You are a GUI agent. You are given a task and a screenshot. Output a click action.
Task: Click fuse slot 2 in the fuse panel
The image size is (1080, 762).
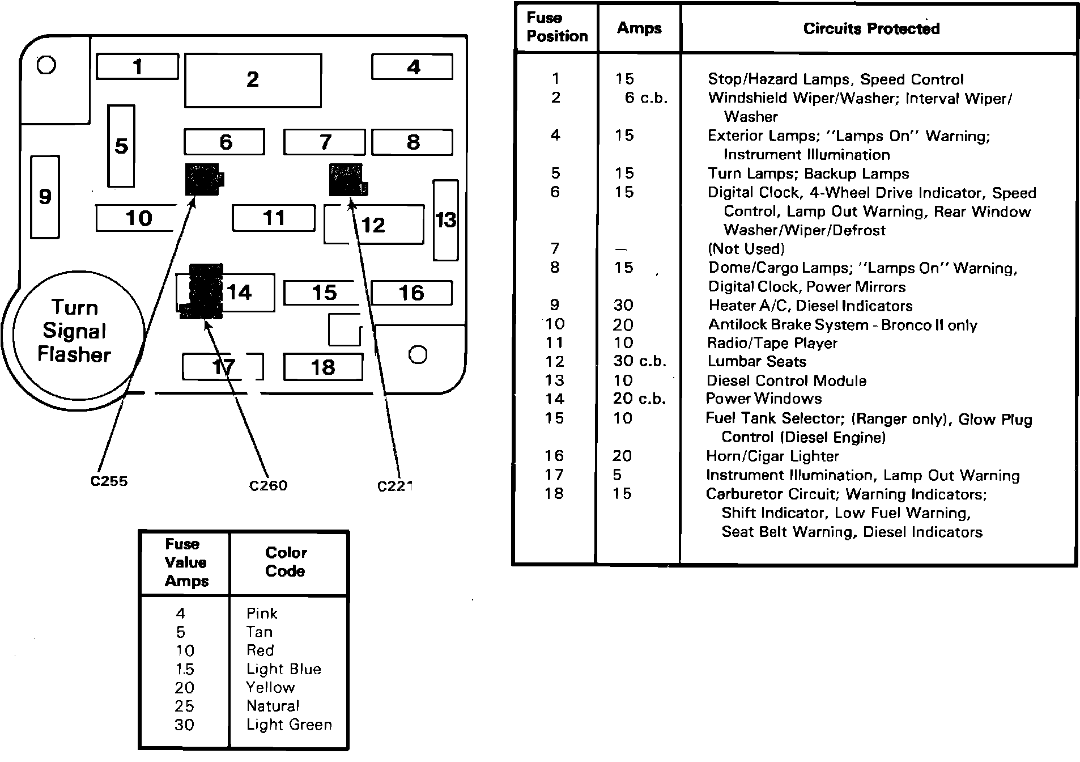point(253,80)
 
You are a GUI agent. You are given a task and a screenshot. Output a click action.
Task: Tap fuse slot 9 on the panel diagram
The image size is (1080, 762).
point(45,197)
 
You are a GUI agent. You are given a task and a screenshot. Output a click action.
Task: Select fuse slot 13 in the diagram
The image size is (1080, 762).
point(445,220)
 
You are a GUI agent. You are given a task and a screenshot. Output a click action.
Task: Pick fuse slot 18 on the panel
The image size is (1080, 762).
point(323,367)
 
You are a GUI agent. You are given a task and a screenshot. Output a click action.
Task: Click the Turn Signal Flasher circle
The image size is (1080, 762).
point(74,331)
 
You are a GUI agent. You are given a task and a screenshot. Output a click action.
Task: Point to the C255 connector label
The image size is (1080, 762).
point(109,481)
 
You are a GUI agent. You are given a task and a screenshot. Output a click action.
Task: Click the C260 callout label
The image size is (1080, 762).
point(268,486)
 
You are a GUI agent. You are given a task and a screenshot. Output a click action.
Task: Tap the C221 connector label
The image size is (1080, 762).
point(395,486)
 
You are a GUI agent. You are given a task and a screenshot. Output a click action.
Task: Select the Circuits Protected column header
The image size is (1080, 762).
point(871,29)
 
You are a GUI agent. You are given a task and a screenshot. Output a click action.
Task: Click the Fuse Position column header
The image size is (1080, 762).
point(556,27)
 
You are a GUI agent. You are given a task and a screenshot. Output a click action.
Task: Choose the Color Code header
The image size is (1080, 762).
point(286,562)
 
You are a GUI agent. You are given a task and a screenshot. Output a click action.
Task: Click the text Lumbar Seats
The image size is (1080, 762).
point(756,362)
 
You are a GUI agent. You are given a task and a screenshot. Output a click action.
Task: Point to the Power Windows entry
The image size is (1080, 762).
point(763,399)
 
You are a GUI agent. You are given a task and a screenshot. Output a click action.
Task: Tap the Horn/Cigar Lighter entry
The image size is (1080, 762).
point(772,456)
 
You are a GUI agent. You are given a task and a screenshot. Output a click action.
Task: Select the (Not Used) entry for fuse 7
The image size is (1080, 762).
point(746,249)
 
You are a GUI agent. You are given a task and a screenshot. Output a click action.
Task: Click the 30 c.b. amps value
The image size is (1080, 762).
point(639,362)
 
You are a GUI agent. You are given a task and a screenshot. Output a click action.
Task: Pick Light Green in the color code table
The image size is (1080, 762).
point(289,725)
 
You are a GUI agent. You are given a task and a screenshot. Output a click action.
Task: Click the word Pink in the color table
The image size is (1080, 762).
point(262,613)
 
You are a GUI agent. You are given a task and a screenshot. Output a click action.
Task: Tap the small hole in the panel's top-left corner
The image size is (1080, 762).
point(46,65)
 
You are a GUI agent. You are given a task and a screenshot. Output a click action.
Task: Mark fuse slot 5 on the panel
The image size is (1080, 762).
point(121,146)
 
